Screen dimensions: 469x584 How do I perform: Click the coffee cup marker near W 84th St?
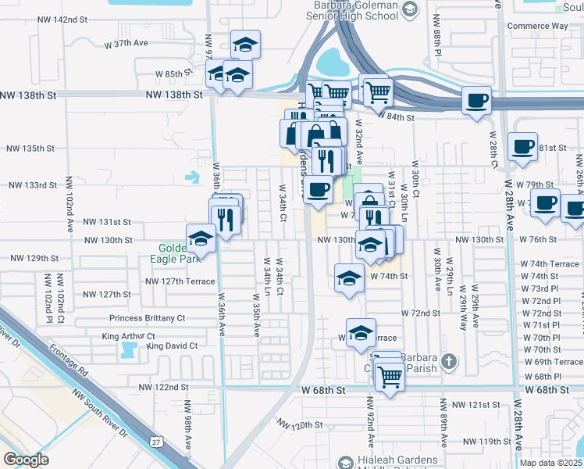coord(476,100)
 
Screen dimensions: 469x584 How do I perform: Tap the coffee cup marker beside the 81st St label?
coord(522,146)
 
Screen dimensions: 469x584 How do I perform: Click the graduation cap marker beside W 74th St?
coord(349,277)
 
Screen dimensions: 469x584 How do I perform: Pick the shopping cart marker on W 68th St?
coord(390,377)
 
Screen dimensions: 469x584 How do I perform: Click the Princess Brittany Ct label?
coord(147,318)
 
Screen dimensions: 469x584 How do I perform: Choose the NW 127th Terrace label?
coord(180,281)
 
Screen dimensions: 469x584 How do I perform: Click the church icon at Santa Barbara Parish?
coord(447,361)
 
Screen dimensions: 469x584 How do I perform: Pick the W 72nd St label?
coord(421,313)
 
